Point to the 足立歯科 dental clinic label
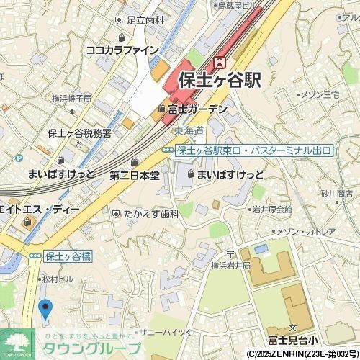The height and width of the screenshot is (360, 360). pyautogui.click(x=145, y=20)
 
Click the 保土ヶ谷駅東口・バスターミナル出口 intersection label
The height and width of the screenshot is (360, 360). pyautogui.click(x=253, y=150)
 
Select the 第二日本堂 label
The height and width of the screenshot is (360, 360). pyautogui.click(x=135, y=175)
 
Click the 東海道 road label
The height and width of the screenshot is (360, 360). pyautogui.click(x=189, y=130)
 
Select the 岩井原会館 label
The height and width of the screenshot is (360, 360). pyautogui.click(x=271, y=210)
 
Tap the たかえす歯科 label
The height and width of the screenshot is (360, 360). pyautogui.click(x=150, y=214)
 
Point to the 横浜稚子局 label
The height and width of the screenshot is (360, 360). pyautogui.click(x=71, y=98)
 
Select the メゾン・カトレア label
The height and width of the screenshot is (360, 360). pyautogui.click(x=306, y=231)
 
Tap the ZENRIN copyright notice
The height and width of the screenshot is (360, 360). pyautogui.click(x=302, y=354)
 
